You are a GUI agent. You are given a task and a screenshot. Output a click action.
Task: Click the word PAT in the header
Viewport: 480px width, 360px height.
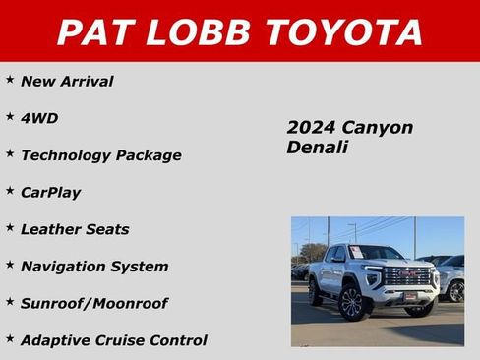pos(94,31)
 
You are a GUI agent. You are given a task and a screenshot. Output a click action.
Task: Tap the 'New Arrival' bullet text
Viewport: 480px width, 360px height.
pos(67,82)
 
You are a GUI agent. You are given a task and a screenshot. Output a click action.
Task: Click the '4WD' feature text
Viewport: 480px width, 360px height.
pos(39,118)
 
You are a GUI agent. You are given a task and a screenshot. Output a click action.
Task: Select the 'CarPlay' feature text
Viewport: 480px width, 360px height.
pos(50,193)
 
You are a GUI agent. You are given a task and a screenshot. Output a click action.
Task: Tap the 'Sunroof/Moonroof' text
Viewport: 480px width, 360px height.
pos(93,303)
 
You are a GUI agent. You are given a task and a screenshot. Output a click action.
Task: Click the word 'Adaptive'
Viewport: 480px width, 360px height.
pos(52,340)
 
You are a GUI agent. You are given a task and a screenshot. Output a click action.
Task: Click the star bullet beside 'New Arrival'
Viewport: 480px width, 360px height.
pos(10,78)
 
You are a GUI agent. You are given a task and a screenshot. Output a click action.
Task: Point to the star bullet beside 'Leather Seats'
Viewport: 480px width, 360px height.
pos(10,226)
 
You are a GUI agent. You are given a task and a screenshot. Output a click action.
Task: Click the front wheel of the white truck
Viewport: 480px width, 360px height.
pos(350,302)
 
